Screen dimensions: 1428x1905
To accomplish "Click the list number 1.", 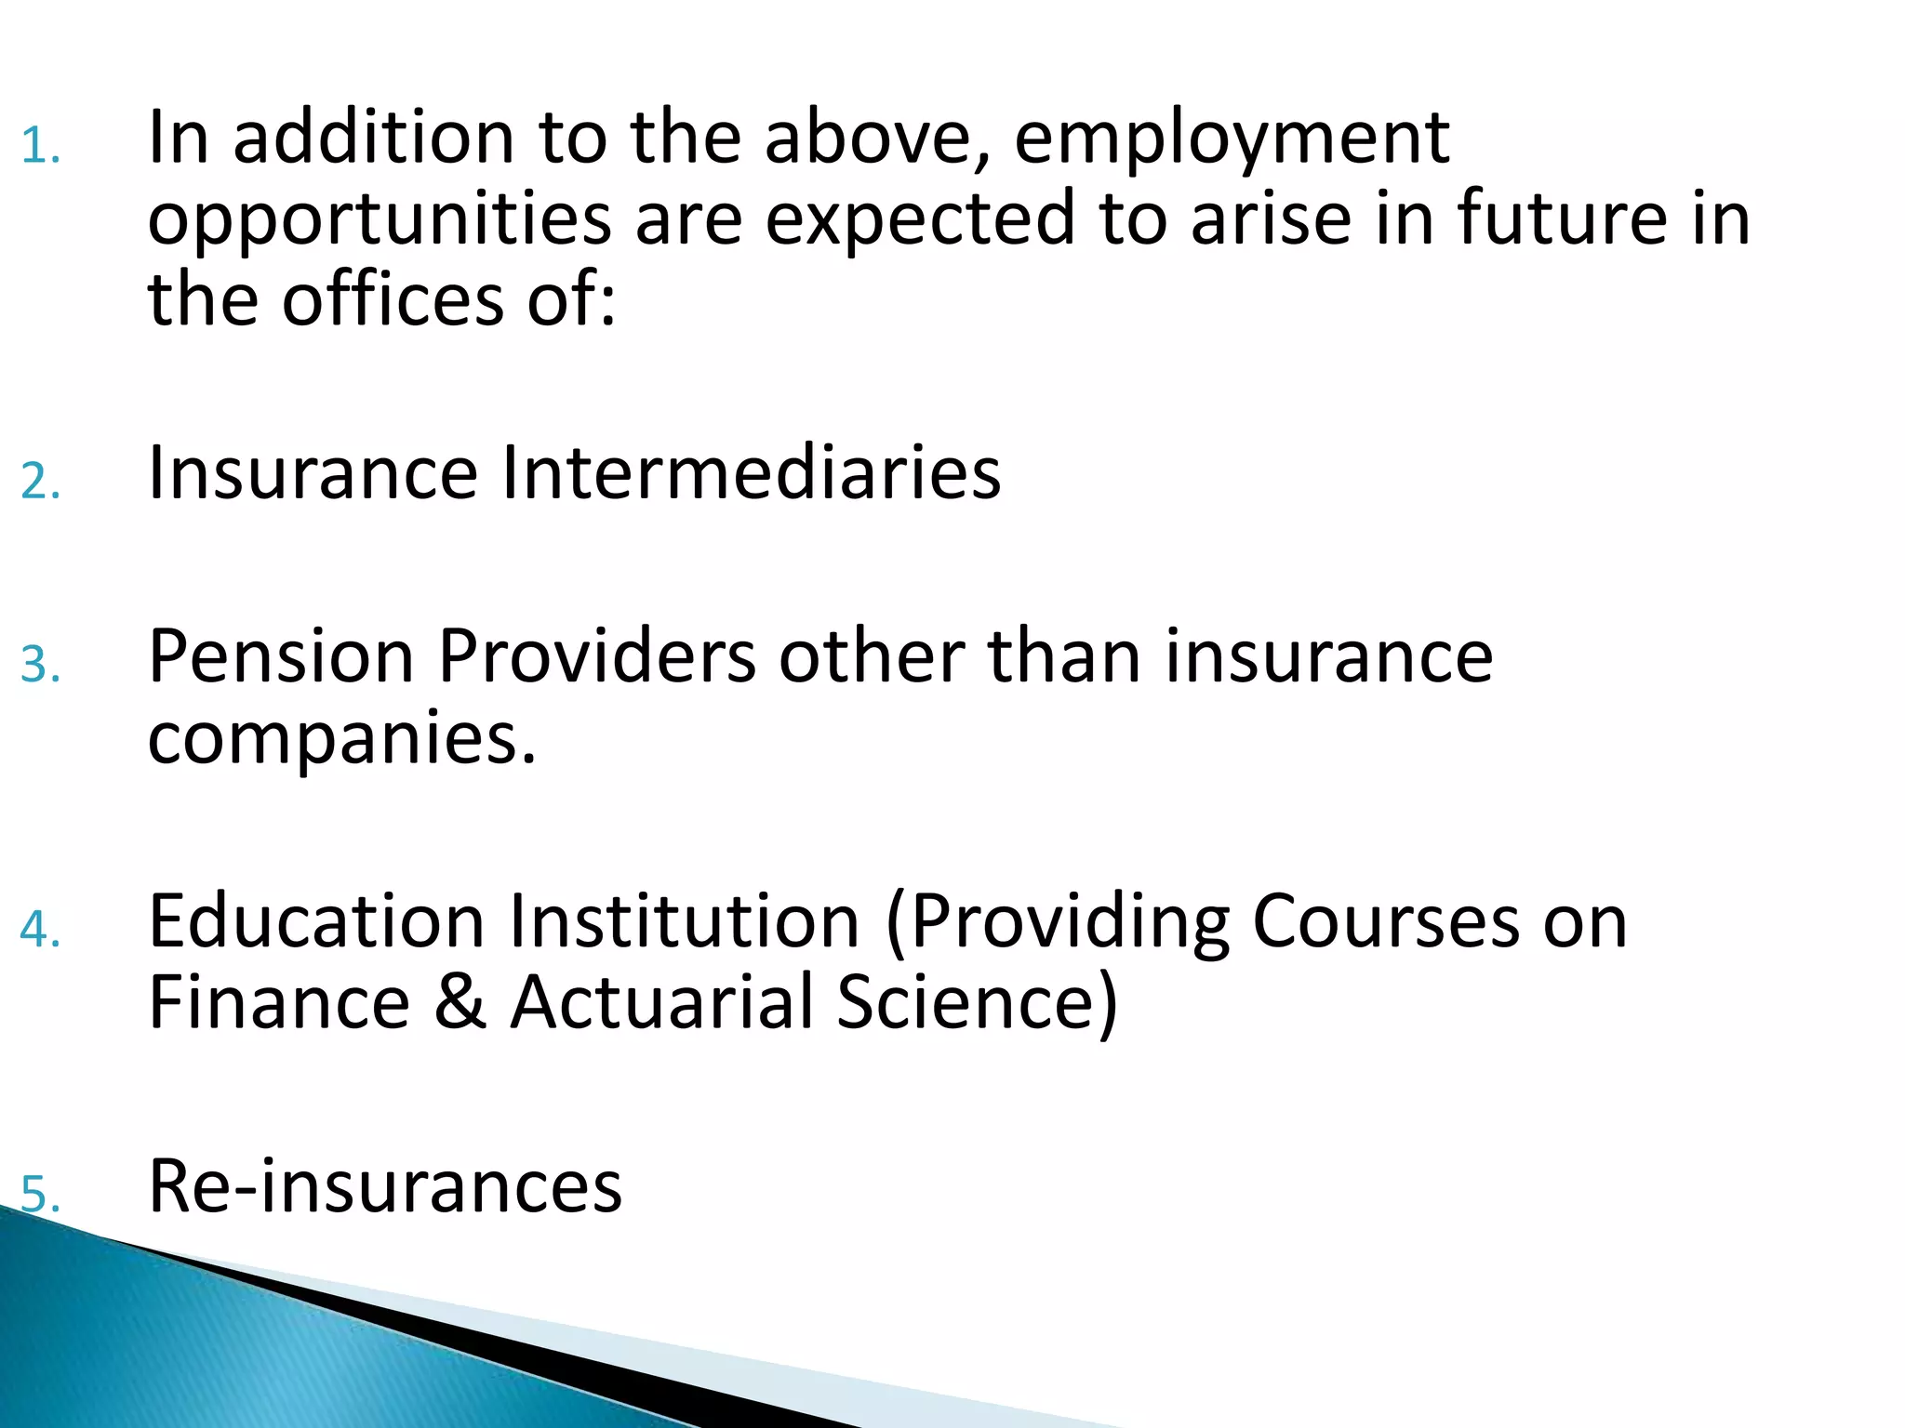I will coord(40,147).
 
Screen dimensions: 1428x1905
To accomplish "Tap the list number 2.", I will coord(40,482).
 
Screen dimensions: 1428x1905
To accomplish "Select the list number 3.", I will coord(40,666).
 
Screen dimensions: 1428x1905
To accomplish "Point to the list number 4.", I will coord(40,930).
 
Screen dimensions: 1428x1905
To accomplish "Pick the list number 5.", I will coord(40,1195).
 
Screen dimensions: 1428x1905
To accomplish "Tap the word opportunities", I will coord(380,220).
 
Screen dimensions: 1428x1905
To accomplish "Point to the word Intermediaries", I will coord(752,472).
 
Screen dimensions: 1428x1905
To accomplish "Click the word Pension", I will coord(281,656).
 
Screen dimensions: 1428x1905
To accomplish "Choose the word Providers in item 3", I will coord(596,656).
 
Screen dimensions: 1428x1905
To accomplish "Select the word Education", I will coord(316,921).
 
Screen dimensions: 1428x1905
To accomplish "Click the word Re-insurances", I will coord(385,1186).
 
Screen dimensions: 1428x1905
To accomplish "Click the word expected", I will coord(920,220).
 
